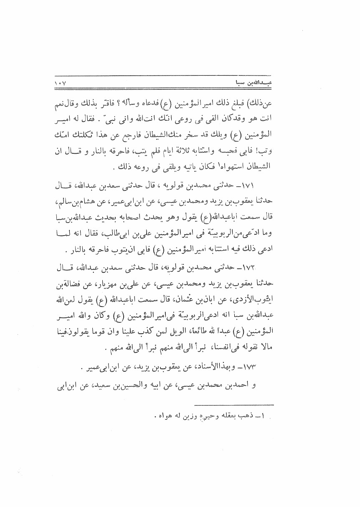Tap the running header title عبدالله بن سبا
click(x=249, y=84)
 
